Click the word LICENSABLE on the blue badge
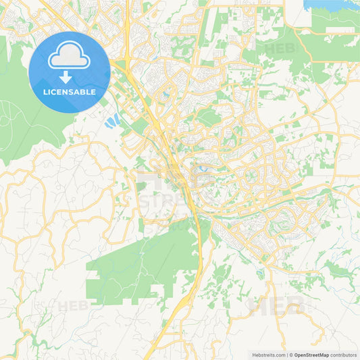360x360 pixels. point(69,93)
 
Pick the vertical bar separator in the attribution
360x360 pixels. point(288,355)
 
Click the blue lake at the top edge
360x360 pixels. point(331,5)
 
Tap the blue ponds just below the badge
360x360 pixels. point(111,121)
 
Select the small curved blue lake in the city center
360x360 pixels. point(203,165)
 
